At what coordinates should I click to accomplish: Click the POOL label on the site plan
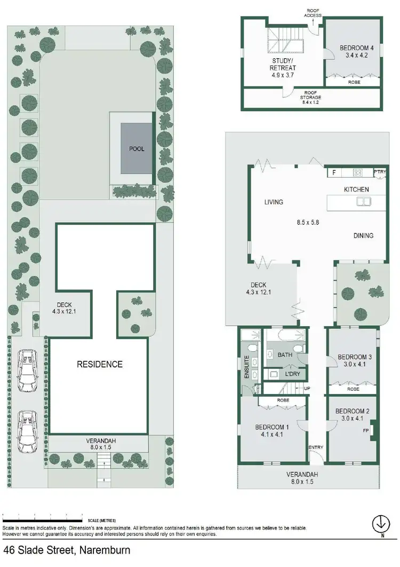137,149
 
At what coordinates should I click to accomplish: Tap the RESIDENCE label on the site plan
100,364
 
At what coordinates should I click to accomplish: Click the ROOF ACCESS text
313,12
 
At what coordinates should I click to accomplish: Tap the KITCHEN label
356,189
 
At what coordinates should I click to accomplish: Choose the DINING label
363,235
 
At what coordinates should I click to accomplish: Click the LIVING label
274,202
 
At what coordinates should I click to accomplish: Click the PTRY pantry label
380,172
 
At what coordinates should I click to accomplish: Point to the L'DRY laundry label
293,374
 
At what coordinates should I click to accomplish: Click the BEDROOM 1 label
271,427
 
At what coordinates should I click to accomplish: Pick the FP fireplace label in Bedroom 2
366,430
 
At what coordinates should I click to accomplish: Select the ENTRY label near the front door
316,447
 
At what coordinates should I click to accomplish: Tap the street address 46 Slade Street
67,550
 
